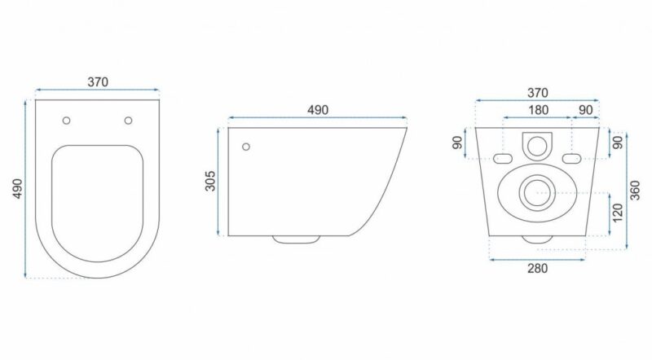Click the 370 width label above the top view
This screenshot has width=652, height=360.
click(98, 82)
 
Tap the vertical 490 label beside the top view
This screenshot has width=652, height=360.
click(18, 189)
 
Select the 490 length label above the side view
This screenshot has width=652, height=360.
click(318, 110)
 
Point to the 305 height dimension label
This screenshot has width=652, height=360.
click(211, 181)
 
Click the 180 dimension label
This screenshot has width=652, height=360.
click(538, 110)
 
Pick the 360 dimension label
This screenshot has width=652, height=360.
click(635, 191)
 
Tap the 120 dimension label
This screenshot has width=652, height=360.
click(618, 213)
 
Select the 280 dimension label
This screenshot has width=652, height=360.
click(537, 269)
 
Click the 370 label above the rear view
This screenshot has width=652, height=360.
click(538, 93)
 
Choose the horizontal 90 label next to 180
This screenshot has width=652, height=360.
click(586, 110)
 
